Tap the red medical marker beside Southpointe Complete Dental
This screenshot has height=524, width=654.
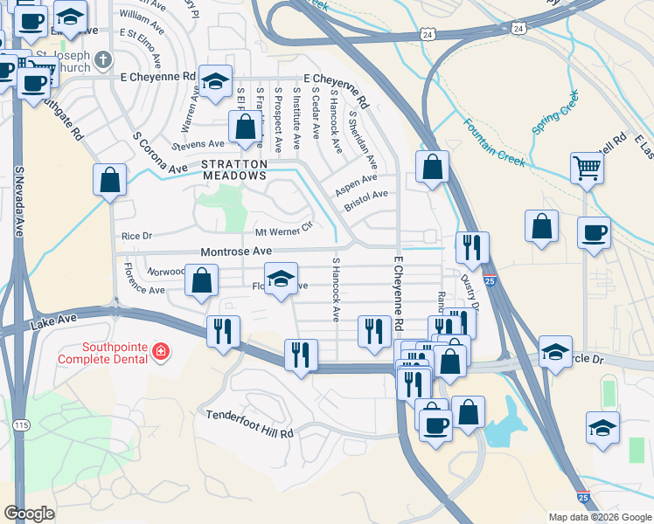point(159,351)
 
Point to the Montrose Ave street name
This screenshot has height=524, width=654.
point(237,252)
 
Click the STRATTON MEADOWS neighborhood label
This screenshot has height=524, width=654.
point(233,169)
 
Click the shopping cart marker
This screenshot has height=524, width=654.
point(587,168)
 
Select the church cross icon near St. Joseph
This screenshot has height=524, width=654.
point(103,59)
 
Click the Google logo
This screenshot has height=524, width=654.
point(29,513)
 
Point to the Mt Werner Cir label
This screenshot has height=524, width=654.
point(282,232)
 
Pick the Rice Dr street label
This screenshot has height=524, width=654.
point(136,236)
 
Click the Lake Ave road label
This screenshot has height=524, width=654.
point(48,324)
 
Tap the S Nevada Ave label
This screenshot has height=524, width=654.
point(19,202)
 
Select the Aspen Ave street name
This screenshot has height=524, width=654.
point(357,183)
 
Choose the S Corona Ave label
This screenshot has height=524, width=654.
point(160,153)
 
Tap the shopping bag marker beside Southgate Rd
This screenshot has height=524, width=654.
point(109,181)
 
